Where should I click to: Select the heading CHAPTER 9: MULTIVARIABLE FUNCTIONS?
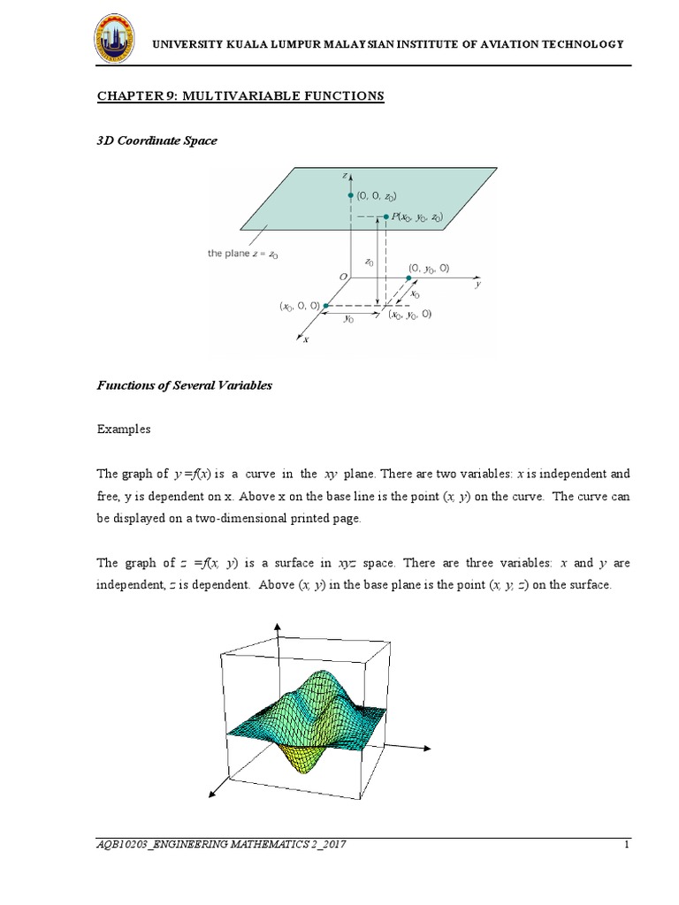click(240, 95)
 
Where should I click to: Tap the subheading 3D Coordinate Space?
click(156, 141)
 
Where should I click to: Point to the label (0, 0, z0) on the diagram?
click(377, 196)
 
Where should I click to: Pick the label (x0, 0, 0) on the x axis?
click(300, 306)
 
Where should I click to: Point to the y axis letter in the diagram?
click(477, 285)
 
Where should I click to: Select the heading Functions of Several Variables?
click(184, 385)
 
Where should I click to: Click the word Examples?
click(124, 430)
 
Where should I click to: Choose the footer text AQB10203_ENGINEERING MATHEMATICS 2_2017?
click(221, 845)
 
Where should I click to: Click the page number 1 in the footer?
click(626, 845)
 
